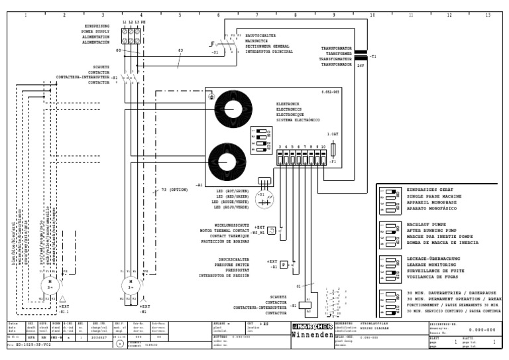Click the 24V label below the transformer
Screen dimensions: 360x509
361,66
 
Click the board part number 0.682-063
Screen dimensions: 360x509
331,90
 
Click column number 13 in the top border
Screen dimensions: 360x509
488,14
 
